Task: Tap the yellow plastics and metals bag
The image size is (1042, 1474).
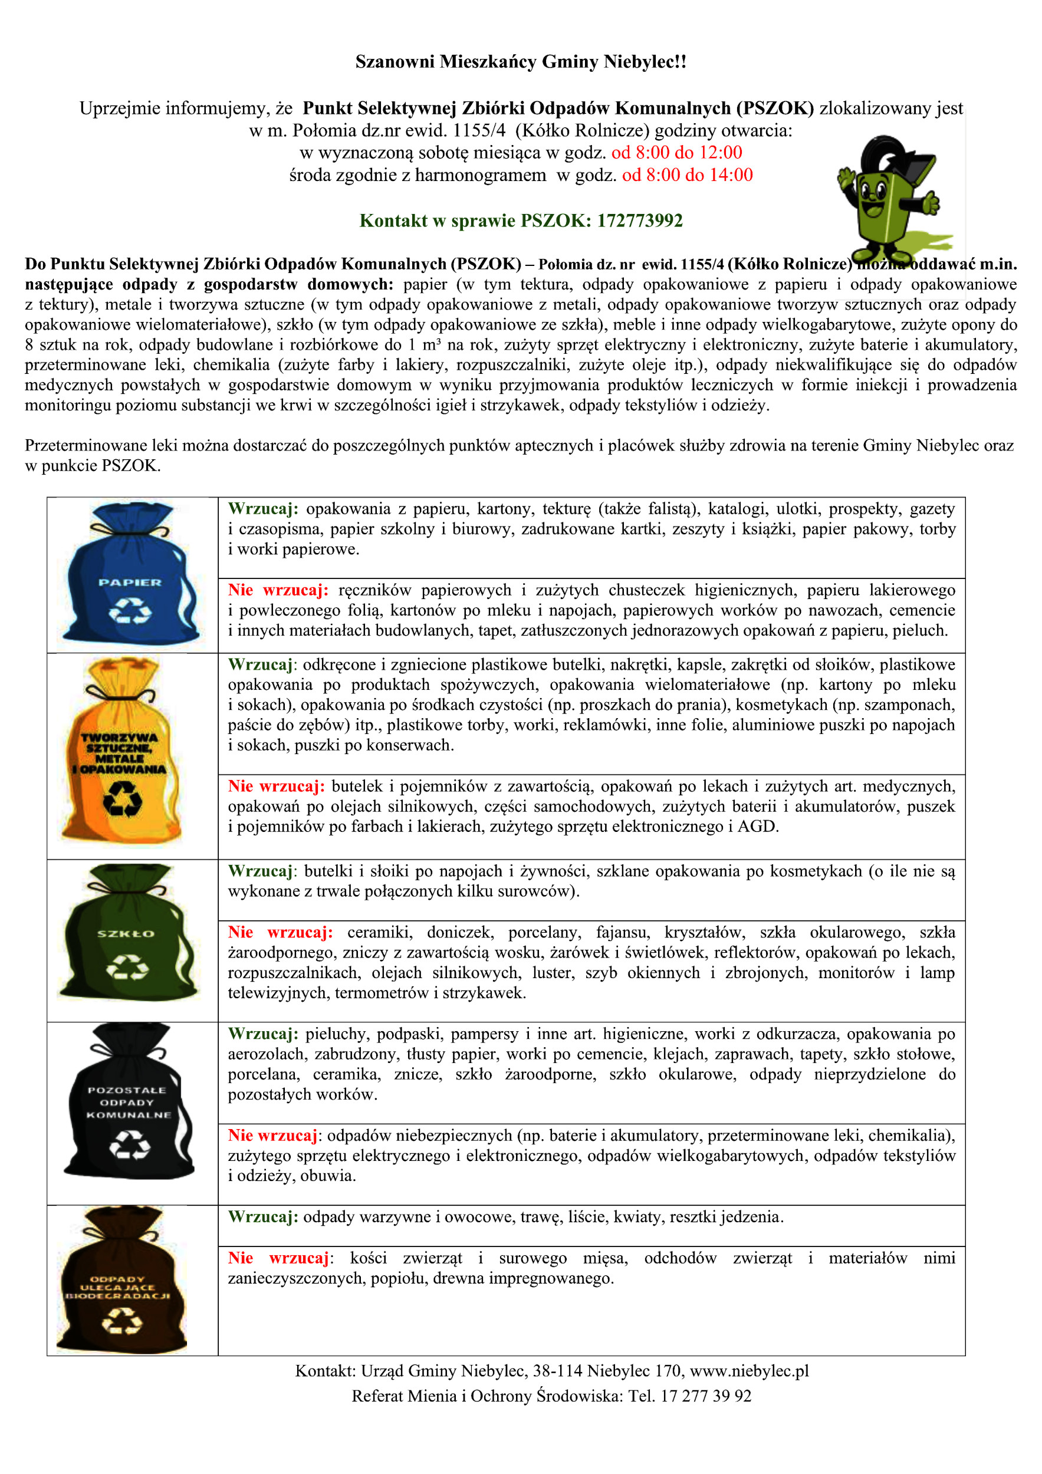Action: click(x=123, y=751)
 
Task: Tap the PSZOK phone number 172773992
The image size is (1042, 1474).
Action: click(x=639, y=221)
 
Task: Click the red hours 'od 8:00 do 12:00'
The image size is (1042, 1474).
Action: click(x=677, y=153)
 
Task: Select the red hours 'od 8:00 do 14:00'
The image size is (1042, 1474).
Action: click(x=687, y=175)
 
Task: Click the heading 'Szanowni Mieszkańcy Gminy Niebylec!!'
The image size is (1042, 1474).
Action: click(x=521, y=62)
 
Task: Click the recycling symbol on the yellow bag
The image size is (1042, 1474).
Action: click(x=123, y=799)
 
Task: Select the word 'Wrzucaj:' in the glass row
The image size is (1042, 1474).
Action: click(x=261, y=871)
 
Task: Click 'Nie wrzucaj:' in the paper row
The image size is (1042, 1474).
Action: click(x=278, y=590)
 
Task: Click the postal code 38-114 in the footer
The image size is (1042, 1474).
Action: click(x=557, y=1371)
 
